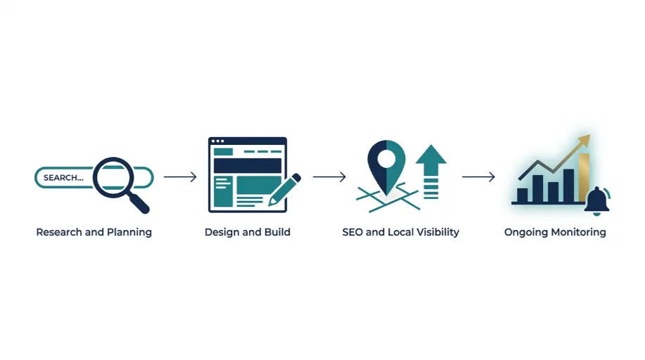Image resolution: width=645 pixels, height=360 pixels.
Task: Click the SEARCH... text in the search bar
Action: pyautogui.click(x=63, y=178)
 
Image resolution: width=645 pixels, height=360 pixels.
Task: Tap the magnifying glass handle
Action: pyautogui.click(x=139, y=203)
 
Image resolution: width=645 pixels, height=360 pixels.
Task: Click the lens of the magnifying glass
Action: pyautogui.click(x=114, y=178)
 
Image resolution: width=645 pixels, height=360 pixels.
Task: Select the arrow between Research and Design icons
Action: pyautogui.click(x=180, y=177)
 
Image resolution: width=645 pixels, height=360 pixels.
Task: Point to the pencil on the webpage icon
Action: pyautogui.click(x=284, y=190)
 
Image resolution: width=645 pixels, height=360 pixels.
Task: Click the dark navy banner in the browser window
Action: pyautogui.click(x=247, y=166)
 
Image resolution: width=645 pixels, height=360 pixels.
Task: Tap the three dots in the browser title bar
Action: pyautogui.click(x=217, y=141)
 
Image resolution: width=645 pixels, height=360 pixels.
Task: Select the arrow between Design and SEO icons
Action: pyautogui.click(x=329, y=177)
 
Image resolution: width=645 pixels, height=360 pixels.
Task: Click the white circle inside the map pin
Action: pyautogui.click(x=386, y=159)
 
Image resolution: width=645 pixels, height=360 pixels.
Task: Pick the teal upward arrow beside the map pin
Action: pyautogui.click(x=431, y=172)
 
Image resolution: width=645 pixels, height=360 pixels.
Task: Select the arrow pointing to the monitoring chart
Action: pyautogui.click(x=478, y=177)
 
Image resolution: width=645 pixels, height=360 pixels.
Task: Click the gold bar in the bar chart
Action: pyautogui.click(x=584, y=177)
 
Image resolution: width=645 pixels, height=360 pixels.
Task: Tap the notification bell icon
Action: pyautogui.click(x=597, y=201)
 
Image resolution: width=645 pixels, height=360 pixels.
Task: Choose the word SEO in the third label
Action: pyautogui.click(x=352, y=232)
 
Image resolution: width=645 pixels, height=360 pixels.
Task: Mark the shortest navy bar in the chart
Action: pyautogui.click(x=523, y=195)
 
